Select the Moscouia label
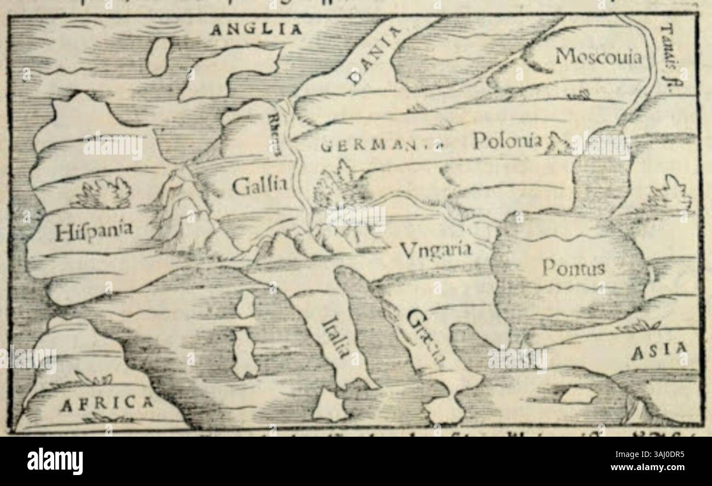tap(598, 56)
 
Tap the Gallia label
tap(259, 186)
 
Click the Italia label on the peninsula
tap(336, 338)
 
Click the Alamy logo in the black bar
tap(55, 461)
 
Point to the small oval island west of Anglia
tap(159, 55)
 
